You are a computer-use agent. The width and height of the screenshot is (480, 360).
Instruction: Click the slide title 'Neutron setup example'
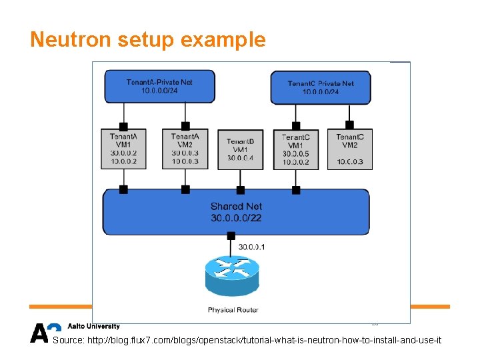[147, 40]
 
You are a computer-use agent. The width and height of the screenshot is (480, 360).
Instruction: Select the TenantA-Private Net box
[159, 86]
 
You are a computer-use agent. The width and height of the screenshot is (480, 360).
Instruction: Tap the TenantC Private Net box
[321, 87]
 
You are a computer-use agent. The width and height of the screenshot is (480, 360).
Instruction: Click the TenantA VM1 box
[123, 149]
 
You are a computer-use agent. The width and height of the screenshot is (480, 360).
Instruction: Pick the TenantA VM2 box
[185, 149]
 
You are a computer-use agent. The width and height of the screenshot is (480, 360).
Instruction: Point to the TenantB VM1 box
[240, 149]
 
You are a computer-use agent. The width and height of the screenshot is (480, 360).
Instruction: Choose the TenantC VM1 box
[295, 149]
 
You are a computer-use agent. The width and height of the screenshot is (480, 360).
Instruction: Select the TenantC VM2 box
[350, 149]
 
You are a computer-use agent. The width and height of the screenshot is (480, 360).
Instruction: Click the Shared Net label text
[236, 206]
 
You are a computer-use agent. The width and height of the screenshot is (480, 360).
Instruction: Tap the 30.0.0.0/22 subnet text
[236, 217]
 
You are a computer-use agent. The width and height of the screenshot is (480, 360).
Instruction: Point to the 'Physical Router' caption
[233, 310]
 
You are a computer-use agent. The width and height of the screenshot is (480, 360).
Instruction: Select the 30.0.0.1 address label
[252, 247]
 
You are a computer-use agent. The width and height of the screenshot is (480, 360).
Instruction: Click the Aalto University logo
[75, 331]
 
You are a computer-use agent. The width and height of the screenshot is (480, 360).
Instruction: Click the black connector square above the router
[231, 235]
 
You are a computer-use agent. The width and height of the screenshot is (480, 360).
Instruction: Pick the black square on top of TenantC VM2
[349, 125]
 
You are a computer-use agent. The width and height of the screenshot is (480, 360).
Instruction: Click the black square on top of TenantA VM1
[123, 125]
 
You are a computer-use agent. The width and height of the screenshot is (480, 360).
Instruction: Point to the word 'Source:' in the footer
[67, 341]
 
